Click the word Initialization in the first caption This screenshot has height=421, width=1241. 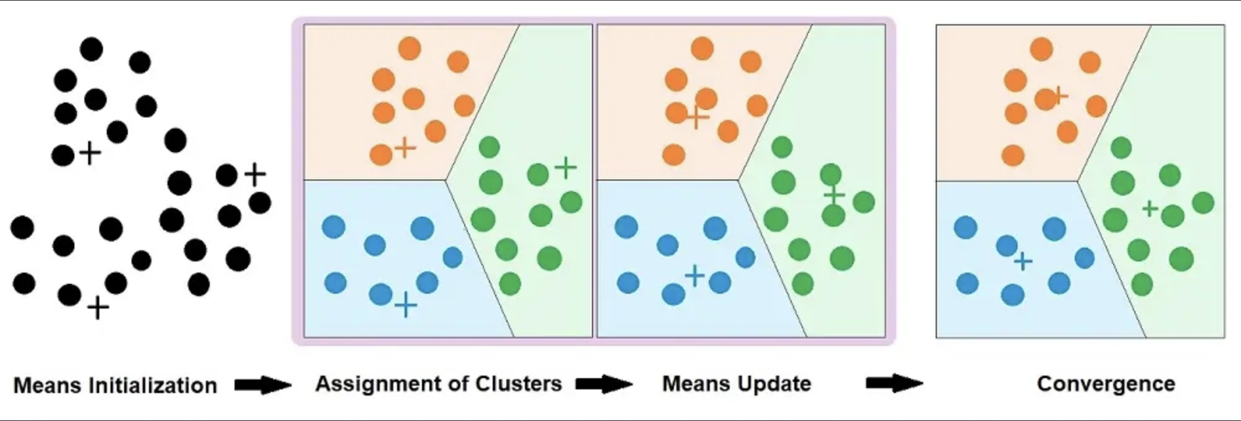point(153,386)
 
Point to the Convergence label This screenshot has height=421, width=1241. point(1106,384)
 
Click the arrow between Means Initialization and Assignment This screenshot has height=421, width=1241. point(262,385)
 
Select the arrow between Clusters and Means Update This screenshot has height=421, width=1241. point(604,384)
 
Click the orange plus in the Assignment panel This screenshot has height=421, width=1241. point(405,148)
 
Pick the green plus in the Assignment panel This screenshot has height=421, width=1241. point(565,167)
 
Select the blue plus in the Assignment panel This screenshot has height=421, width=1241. point(406,305)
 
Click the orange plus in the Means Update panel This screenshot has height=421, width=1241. point(697,116)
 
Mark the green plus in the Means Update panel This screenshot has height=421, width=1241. point(835,195)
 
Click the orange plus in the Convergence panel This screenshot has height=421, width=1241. point(1059,96)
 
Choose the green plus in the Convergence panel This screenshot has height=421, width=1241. point(1150,208)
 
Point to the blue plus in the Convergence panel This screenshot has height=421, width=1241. point(1023,261)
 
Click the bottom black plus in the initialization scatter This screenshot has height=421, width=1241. point(97,307)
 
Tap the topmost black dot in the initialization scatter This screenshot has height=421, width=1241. point(91,49)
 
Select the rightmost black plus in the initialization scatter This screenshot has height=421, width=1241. point(254,174)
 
